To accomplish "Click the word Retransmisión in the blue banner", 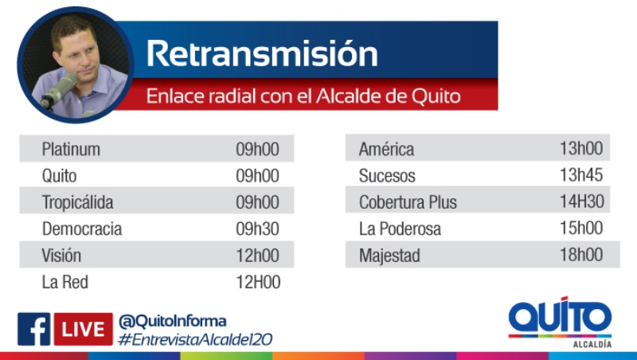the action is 262,53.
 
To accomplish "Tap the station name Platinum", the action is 71,149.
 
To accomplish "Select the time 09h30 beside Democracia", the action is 257,229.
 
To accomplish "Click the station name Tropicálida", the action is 77,202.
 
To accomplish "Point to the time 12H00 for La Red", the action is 258,282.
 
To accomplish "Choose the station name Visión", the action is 61,256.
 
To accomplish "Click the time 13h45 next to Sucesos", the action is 581,174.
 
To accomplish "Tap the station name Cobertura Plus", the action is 408,202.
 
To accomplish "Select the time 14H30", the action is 582,202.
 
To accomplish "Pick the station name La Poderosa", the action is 401,229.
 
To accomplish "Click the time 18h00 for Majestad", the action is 581,255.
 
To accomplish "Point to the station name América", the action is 387,149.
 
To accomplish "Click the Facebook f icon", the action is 33,329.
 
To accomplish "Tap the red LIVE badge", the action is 84,329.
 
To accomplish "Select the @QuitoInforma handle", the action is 172,322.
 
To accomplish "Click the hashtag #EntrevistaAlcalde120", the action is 195,339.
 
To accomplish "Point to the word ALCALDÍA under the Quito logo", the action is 592,344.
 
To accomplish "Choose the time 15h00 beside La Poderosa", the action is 581,228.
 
